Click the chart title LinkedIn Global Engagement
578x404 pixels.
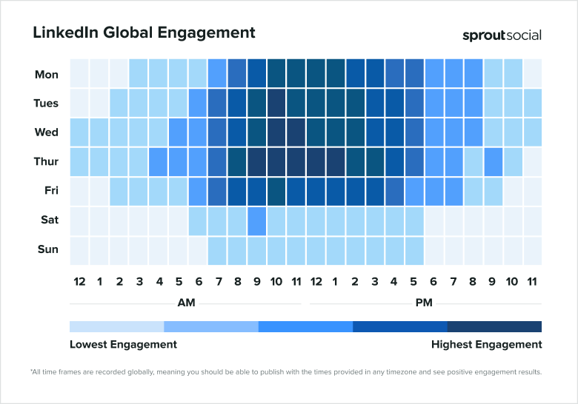point(144,33)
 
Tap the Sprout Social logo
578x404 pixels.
point(502,35)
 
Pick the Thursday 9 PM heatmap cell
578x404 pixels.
point(493,161)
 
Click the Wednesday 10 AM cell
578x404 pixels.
point(276,132)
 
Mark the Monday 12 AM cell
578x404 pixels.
point(79,74)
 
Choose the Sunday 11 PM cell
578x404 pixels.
point(532,250)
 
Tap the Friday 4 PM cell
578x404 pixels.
point(394,191)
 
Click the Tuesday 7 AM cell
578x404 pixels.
point(217,103)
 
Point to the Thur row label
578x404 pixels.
point(46,162)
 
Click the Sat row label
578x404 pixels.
point(47,220)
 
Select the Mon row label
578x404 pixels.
point(47,75)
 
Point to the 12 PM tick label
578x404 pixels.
point(316,281)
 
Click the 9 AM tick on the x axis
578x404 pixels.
point(256,281)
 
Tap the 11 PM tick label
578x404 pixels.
point(532,281)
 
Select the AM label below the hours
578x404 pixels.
point(186,303)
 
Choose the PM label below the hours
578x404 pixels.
point(424,303)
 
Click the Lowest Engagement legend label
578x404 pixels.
point(123,344)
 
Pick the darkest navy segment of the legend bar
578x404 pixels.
point(494,326)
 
